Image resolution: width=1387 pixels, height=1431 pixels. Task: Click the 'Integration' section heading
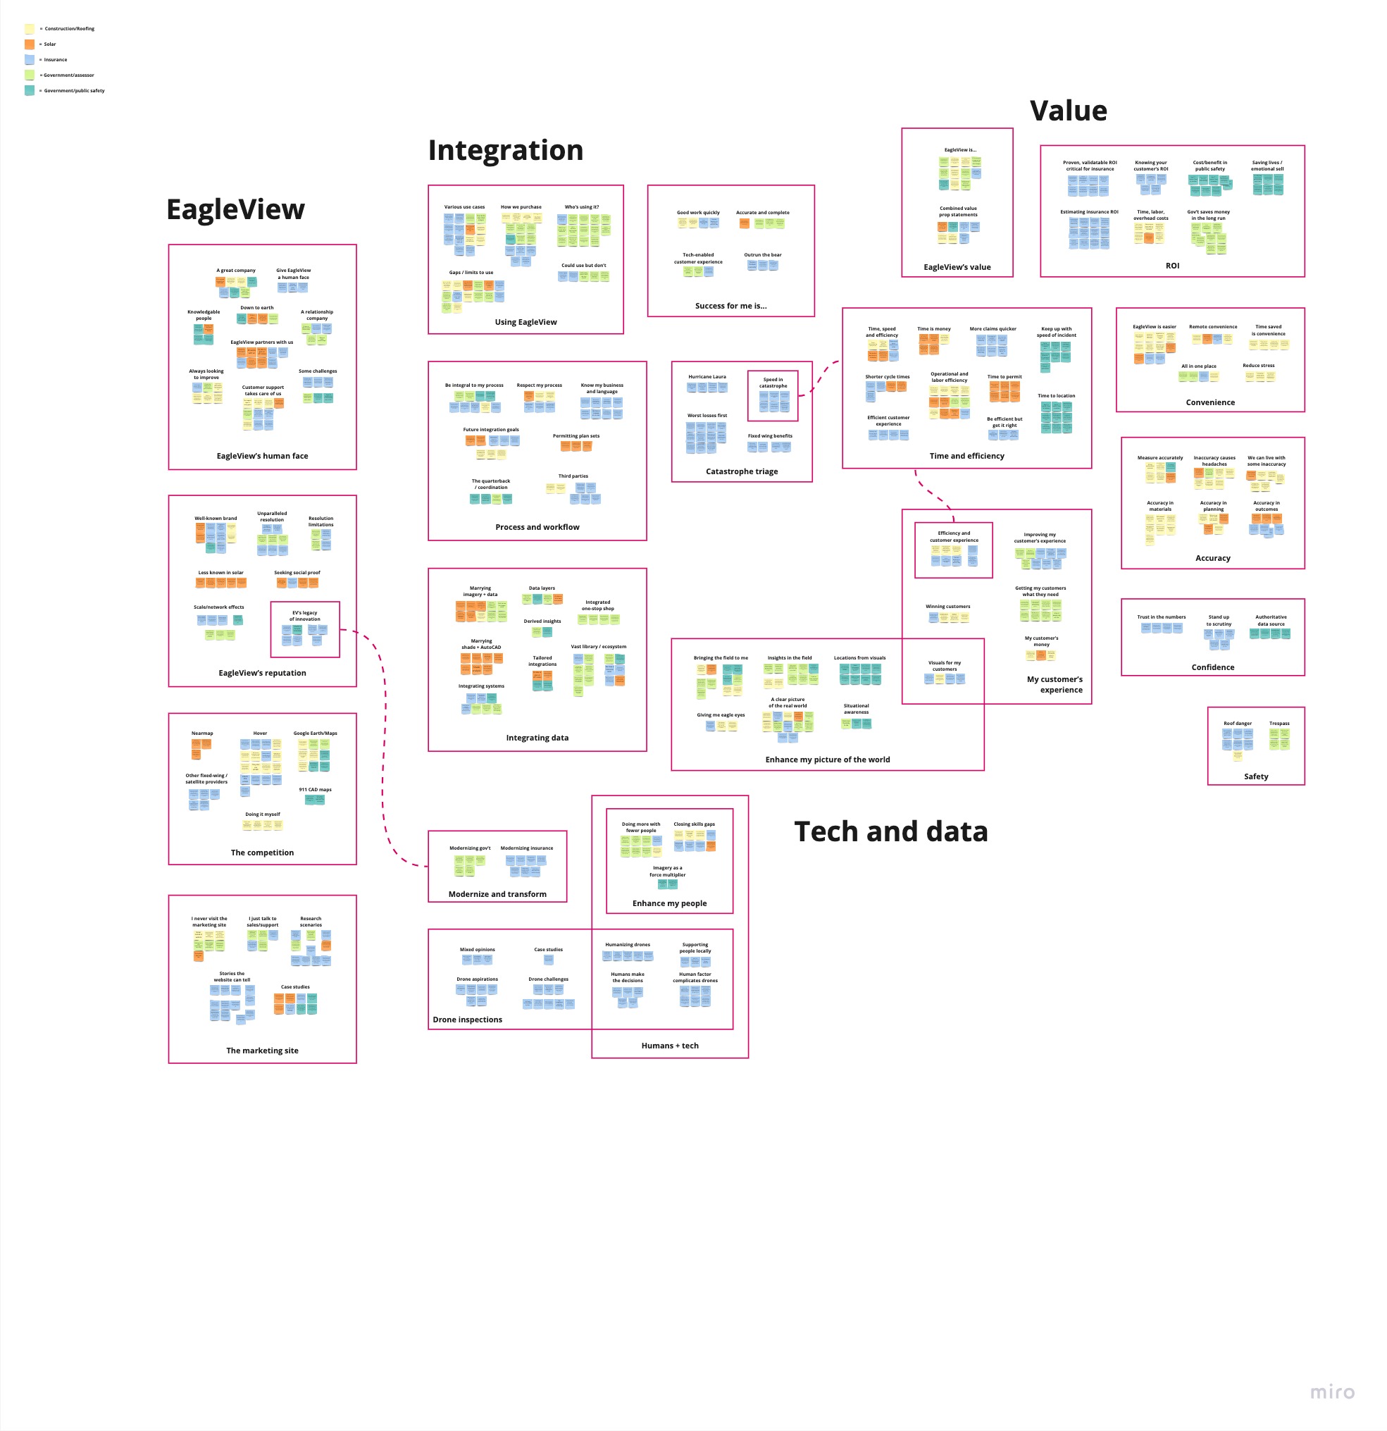[505, 150]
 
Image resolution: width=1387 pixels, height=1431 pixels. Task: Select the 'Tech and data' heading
[890, 831]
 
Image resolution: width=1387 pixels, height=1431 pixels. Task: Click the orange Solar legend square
[29, 44]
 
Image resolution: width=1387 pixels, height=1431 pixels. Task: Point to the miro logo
[1332, 1392]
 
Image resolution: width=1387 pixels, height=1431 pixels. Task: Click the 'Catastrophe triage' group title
[742, 471]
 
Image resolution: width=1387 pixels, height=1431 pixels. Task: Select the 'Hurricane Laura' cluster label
[707, 377]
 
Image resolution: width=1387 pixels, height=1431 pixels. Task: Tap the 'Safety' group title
[1255, 777]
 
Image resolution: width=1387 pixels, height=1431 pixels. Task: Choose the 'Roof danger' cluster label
[1238, 724]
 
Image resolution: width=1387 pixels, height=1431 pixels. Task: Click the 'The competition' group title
[262, 853]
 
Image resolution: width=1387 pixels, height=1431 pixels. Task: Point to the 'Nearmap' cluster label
[202, 733]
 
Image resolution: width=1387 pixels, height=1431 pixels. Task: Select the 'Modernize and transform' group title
[497, 894]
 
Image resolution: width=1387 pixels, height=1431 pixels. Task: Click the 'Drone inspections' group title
[467, 1020]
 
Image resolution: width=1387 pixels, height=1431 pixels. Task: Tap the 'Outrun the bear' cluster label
[762, 256]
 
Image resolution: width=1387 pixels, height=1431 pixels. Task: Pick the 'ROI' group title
[1171, 266]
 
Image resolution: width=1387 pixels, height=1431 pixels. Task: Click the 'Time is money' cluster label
[933, 329]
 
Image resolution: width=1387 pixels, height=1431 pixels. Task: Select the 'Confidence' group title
[1212, 667]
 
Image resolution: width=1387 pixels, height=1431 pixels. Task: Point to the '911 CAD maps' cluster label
[315, 790]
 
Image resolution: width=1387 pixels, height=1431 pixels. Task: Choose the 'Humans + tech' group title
[669, 1046]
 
